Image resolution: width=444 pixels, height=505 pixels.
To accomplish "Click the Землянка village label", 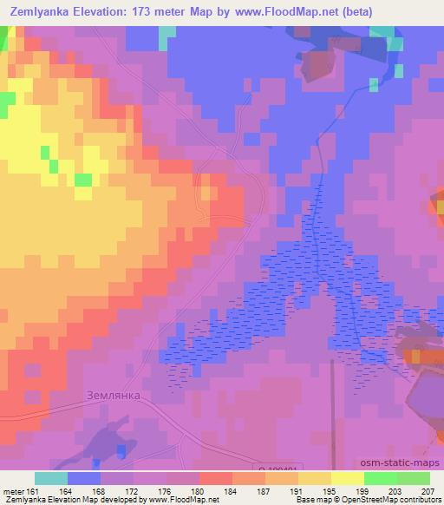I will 114,393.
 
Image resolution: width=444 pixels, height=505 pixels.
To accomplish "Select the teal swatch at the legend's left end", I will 50,478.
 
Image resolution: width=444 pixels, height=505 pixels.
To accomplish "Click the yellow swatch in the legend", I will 347,478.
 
